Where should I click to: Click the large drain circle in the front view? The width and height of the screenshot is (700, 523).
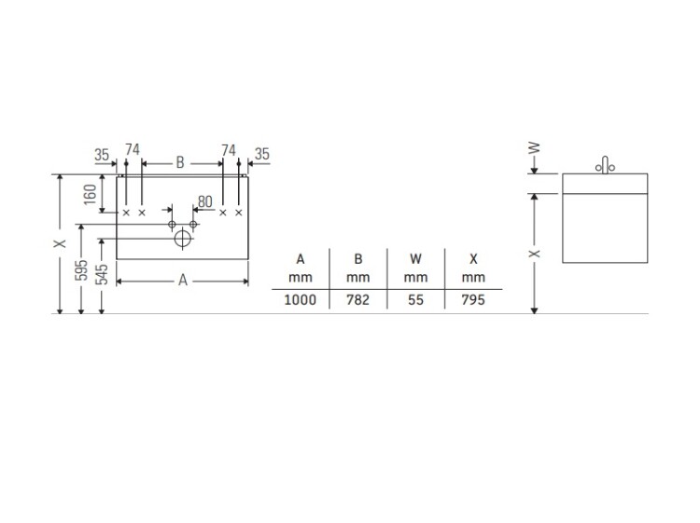point(183,239)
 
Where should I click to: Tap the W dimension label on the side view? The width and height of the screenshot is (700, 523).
point(534,149)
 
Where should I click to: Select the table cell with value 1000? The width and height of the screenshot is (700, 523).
point(301,300)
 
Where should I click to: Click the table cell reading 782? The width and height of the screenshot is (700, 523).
point(357,300)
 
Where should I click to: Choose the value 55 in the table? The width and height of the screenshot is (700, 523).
point(416,300)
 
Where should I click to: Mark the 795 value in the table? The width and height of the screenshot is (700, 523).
point(472,300)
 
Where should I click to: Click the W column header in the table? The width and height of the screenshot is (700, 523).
point(416,258)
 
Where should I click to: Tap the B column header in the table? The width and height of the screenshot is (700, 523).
point(357,258)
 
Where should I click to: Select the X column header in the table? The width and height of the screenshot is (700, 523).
point(472,258)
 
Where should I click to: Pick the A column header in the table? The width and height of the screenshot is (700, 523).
point(301,258)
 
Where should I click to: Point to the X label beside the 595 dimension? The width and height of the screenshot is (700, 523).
point(60,242)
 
